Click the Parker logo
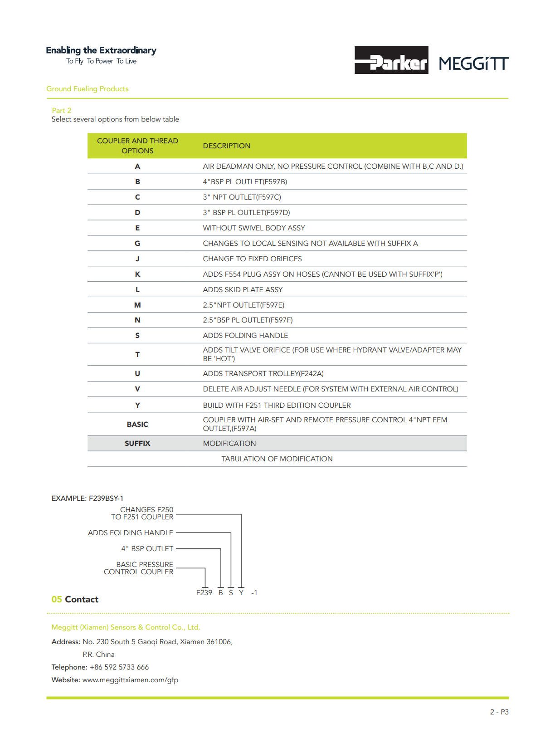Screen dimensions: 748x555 (x=391, y=60)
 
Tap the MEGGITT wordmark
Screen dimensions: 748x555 (x=473, y=64)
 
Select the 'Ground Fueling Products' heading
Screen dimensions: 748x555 (x=87, y=89)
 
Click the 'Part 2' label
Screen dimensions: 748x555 (x=61, y=111)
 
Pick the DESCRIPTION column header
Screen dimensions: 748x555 (x=226, y=146)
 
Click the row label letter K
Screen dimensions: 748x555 (x=137, y=274)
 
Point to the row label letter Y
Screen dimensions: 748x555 (x=137, y=406)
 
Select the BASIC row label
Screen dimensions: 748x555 (x=137, y=425)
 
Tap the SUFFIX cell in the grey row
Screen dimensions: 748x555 (x=137, y=444)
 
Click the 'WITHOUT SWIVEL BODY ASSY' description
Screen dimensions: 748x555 (x=253, y=228)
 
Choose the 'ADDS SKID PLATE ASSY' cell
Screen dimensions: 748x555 (x=243, y=290)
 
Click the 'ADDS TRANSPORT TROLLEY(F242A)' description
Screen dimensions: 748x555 (x=263, y=374)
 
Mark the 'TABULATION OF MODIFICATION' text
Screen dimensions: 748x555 (x=277, y=459)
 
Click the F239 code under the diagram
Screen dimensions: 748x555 (x=204, y=593)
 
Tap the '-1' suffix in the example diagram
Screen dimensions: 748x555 (x=254, y=593)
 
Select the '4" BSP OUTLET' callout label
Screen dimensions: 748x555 (x=147, y=549)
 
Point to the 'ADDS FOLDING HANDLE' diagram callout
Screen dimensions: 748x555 (x=130, y=533)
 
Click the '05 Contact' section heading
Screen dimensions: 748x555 (x=75, y=600)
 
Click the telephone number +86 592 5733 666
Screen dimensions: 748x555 (x=119, y=667)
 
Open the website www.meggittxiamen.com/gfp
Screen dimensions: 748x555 (x=130, y=680)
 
